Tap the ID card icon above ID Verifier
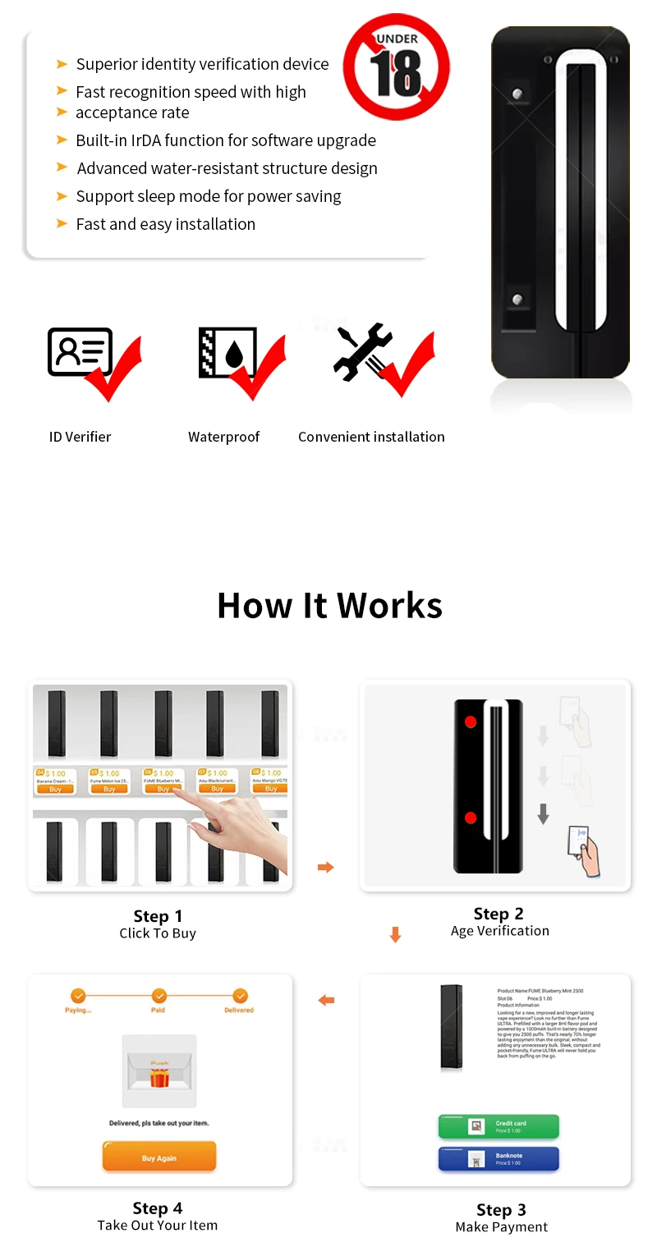pyautogui.click(x=80, y=351)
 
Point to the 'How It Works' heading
pyautogui.click(x=329, y=606)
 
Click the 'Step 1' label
pyautogui.click(x=158, y=916)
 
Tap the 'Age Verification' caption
pyautogui.click(x=499, y=931)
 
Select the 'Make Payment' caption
pyautogui.click(x=501, y=1227)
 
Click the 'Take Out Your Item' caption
pyautogui.click(x=158, y=1226)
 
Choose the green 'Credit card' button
pyautogui.click(x=498, y=1126)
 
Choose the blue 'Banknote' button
pyautogui.click(x=498, y=1158)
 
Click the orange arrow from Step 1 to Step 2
pyautogui.click(x=326, y=867)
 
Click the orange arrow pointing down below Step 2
pyautogui.click(x=395, y=935)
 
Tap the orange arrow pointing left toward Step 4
pyautogui.click(x=326, y=1000)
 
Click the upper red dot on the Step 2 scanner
pyautogui.click(x=471, y=722)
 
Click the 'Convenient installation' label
pyautogui.click(x=371, y=437)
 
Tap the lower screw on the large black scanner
pyautogui.click(x=517, y=300)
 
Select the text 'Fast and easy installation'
pyautogui.click(x=165, y=224)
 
